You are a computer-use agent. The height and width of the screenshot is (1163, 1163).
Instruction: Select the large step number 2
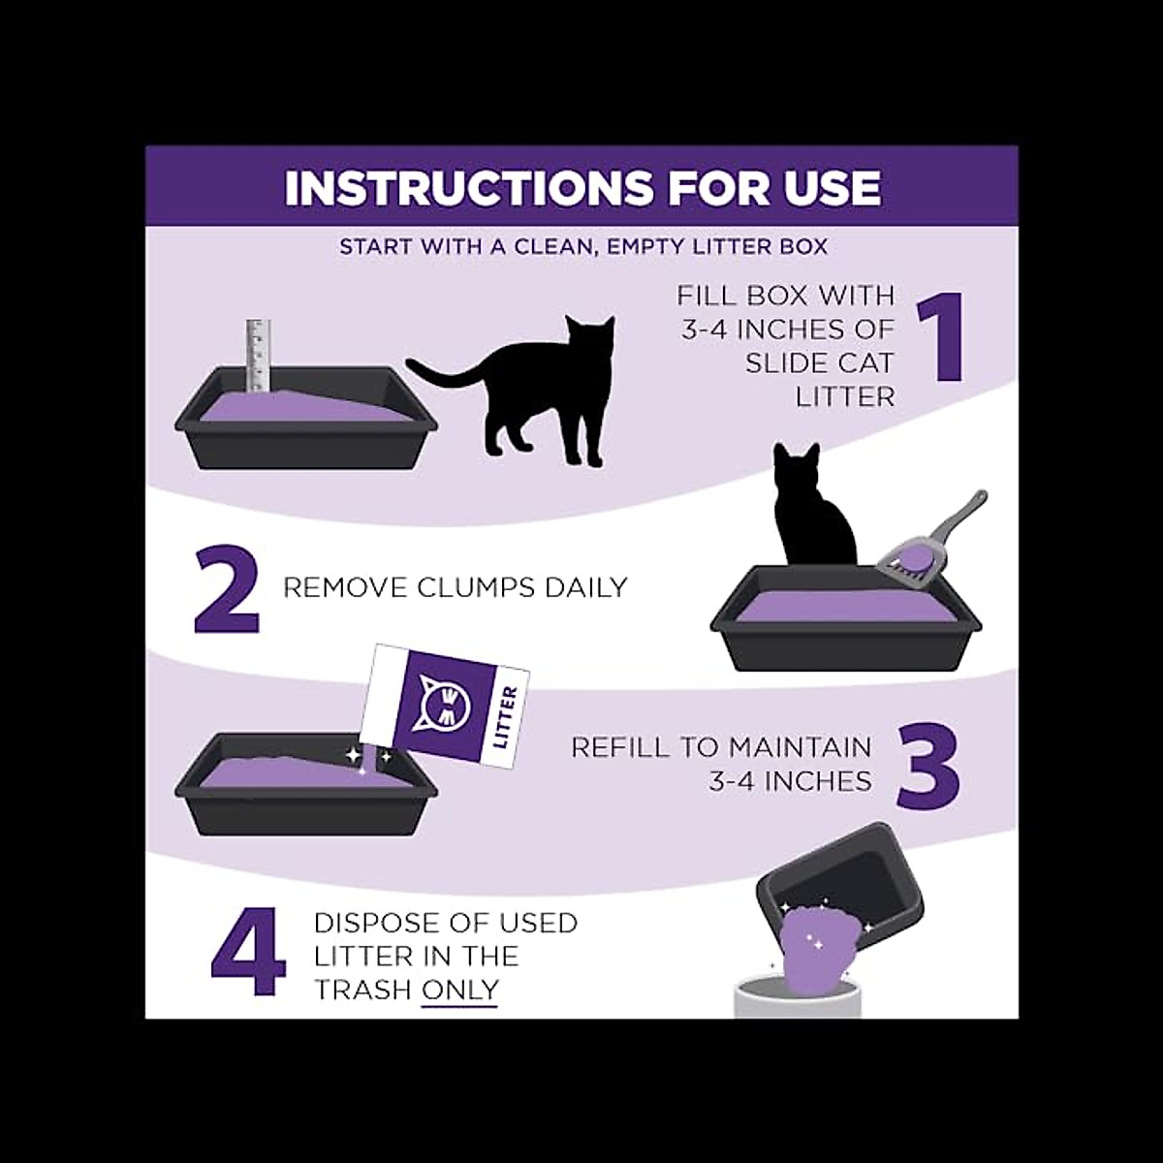[x=228, y=589]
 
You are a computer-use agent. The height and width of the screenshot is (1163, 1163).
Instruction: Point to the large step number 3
[x=927, y=767]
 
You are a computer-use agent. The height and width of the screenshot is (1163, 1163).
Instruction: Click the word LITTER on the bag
[x=506, y=718]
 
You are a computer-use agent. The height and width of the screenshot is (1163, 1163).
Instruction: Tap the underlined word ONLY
[x=459, y=990]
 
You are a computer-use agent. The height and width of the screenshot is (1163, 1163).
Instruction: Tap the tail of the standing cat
[x=441, y=372]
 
